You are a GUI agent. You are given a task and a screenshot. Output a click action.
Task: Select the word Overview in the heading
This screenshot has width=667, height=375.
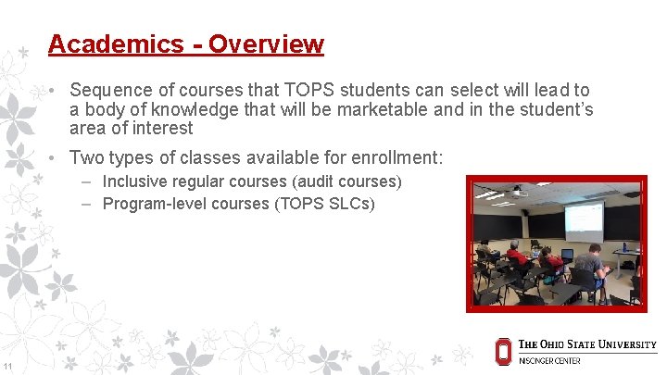tap(266, 44)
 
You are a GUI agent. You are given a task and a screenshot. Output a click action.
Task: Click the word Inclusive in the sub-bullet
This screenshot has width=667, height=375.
tap(135, 181)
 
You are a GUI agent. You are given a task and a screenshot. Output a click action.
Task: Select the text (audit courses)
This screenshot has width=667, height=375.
tap(344, 181)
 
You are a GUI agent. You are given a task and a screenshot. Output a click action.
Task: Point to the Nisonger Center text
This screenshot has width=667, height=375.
tap(549, 361)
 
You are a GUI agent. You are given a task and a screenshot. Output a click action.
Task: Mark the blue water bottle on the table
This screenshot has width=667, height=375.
tap(624, 247)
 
